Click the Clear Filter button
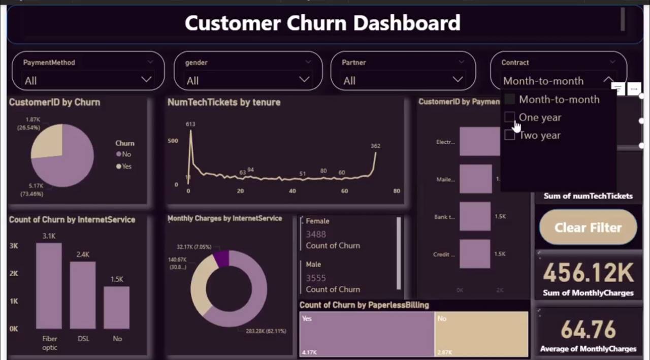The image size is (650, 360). point(588,227)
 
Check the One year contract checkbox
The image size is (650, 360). point(509,117)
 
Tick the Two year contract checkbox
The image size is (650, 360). point(509,135)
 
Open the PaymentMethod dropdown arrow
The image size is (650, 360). point(146,79)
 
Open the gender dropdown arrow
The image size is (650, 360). point(304,79)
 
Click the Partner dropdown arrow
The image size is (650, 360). point(458,79)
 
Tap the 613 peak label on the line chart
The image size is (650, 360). point(190,124)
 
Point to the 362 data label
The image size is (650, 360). point(375,146)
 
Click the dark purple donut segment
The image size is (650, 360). point(222,258)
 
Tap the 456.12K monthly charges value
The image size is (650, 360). point(588,273)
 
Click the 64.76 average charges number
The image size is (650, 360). point(588,330)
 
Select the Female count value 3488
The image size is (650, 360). point(316,234)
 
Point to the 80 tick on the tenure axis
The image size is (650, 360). point(397,191)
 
